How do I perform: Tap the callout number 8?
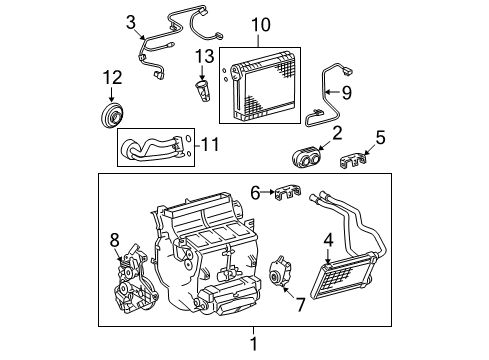pos(115,239)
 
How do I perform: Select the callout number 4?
pos(327,239)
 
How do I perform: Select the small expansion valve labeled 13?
pos(204,89)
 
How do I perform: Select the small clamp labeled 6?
pos(287,192)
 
